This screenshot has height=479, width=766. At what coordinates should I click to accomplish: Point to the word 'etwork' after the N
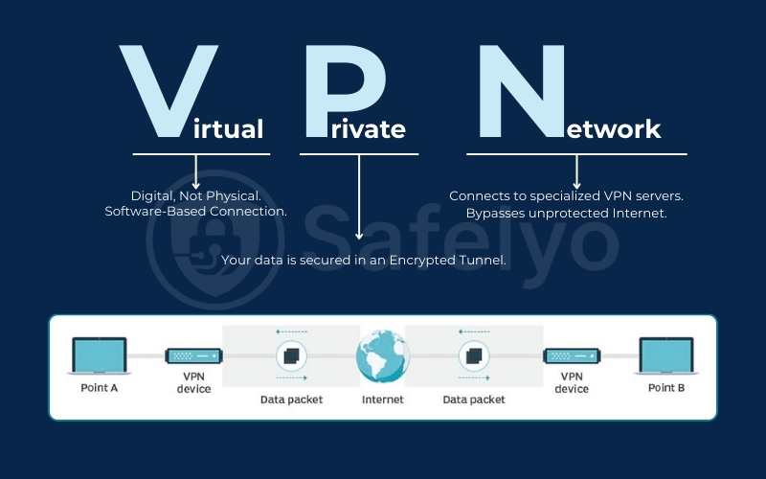(x=612, y=128)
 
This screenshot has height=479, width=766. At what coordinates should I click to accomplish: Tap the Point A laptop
(x=99, y=357)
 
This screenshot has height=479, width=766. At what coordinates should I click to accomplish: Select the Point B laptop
(x=666, y=357)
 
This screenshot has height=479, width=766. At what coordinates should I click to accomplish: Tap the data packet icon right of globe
(x=473, y=358)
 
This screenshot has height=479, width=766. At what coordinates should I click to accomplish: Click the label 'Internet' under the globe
(x=382, y=399)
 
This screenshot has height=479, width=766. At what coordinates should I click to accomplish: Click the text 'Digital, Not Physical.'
(x=195, y=195)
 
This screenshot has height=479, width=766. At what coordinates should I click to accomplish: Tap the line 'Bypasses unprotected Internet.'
(x=566, y=213)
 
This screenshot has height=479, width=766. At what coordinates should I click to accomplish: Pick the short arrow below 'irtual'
(x=195, y=171)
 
